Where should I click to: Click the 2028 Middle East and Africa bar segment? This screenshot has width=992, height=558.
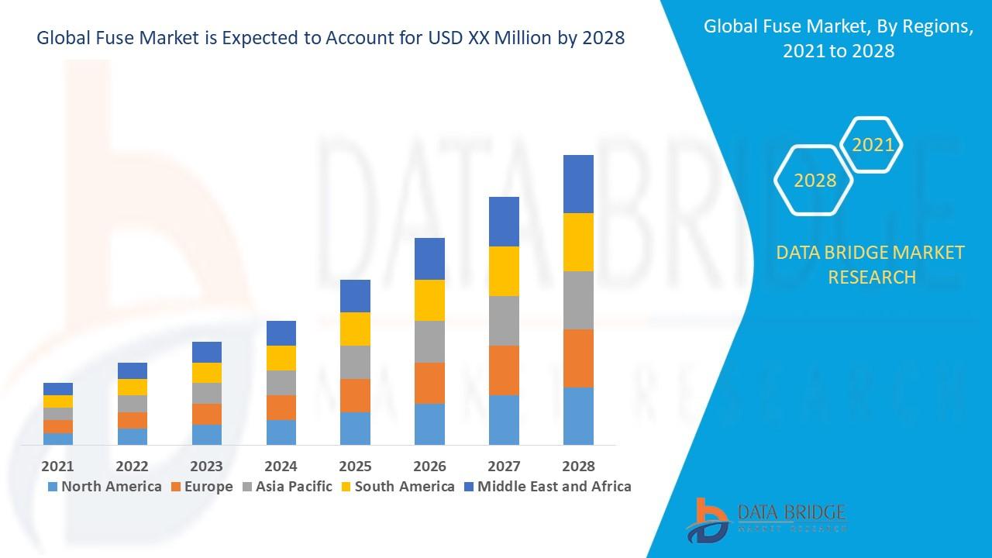578,184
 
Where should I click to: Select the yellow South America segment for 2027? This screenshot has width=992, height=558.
504,271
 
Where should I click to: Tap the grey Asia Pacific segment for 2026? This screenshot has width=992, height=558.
429,342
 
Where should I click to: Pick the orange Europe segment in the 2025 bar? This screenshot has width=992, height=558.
355,395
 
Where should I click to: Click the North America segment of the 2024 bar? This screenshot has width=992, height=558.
281,432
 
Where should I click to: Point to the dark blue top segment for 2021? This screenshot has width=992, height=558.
58,389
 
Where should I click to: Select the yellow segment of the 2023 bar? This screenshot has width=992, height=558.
206,373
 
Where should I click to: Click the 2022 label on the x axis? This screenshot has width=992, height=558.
132,466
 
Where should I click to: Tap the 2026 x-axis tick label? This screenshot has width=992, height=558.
429,466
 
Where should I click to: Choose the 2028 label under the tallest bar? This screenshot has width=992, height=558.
578,466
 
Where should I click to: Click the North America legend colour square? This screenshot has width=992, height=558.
53,487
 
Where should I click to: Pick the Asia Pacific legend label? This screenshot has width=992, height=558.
294,487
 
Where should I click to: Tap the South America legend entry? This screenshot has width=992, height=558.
404,487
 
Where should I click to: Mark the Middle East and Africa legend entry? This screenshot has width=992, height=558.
553,487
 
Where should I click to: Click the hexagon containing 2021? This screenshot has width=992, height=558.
873,145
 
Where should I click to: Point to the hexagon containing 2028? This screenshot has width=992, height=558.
815,181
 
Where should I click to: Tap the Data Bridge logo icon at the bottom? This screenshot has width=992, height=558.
707,519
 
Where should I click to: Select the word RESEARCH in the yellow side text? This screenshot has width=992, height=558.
872,277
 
